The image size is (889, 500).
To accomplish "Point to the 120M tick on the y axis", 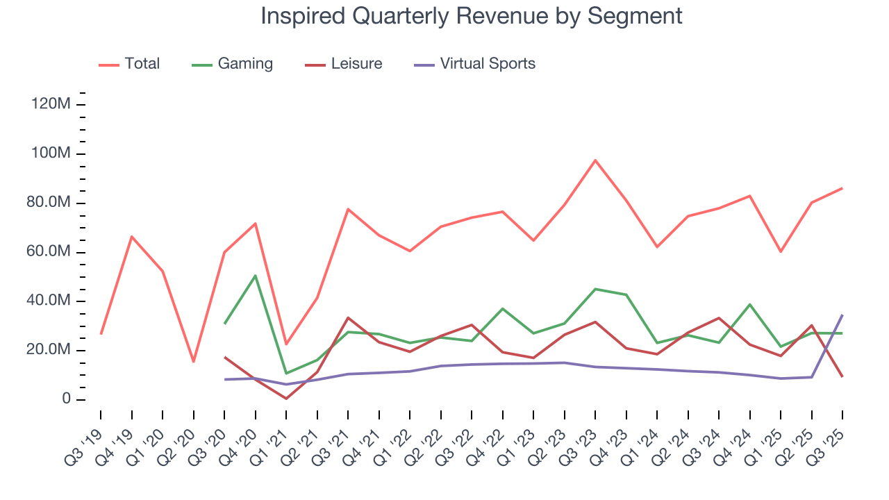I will click(50, 104).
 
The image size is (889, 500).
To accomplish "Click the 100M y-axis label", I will click(50, 153).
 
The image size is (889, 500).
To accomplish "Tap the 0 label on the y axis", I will click(66, 399).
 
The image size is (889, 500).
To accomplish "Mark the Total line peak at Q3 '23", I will click(595, 160).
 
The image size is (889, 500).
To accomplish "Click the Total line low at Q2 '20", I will click(193, 361).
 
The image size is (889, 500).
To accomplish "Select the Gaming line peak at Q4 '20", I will click(256, 276).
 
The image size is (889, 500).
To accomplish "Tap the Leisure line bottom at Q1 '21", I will click(286, 399).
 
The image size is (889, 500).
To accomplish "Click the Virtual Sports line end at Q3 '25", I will click(842, 315).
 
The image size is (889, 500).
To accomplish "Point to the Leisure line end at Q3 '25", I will click(842, 376).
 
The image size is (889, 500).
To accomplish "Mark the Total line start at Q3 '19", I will click(101, 334).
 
